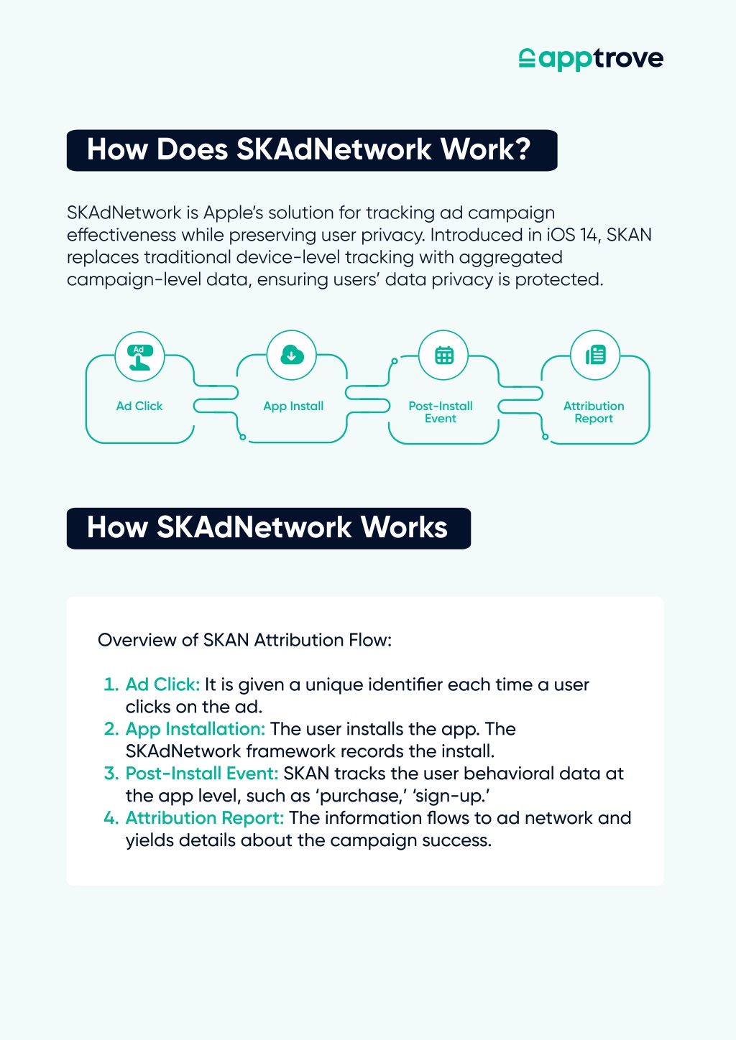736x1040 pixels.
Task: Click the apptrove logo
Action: pos(591,59)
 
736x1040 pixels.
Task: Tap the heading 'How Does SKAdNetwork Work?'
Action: pos(308,149)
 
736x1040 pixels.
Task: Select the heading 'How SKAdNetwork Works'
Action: pos(267,527)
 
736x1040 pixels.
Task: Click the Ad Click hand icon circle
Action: pos(139,356)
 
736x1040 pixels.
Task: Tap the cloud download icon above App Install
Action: pos(292,356)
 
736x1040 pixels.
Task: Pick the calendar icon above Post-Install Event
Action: pos(443,356)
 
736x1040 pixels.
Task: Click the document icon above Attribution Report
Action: pos(595,356)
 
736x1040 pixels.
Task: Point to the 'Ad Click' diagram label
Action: pos(139,407)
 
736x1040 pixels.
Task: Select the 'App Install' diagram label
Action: pos(293,407)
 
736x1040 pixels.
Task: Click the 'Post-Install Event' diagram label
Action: pos(441,412)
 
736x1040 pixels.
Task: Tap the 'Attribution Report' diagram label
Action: pos(594,412)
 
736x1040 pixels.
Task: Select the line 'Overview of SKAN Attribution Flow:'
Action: pos(244,640)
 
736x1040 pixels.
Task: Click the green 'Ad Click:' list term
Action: pos(162,684)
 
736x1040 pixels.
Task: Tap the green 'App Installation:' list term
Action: pos(195,730)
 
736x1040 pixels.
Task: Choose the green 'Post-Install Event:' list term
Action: pos(202,774)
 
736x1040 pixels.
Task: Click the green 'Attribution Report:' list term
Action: pos(204,818)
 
